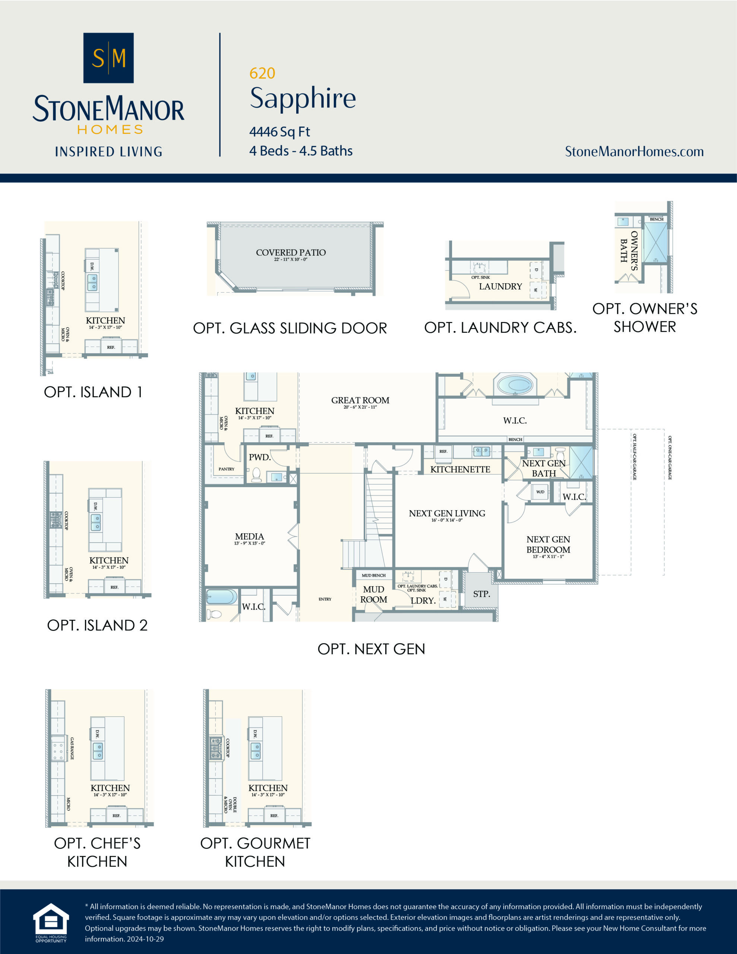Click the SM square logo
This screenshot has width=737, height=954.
pos(108,58)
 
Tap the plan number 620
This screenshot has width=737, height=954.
pos(262,73)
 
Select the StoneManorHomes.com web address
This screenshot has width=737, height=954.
pos(634,152)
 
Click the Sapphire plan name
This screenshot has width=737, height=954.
pos(303,98)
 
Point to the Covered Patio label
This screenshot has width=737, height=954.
pos(291,253)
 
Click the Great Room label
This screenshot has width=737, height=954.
pos(360,400)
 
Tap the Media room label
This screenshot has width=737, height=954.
pos(249,536)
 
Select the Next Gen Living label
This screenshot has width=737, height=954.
pos(447,513)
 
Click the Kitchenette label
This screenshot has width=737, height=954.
pos(460,469)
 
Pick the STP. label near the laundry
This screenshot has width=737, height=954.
pos(481,594)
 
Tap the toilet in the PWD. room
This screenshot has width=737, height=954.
pos(256,474)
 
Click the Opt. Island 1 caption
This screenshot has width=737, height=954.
pos(93,392)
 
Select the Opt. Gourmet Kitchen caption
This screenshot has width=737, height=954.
pos(255,852)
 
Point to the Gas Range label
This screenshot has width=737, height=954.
pos(72,749)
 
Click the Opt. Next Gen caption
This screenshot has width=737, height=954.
pos(371,649)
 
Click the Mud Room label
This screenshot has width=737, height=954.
pos(373,594)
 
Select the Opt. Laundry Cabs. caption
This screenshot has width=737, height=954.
pos(500,328)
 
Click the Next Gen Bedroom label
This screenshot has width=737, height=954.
pos(548,544)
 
